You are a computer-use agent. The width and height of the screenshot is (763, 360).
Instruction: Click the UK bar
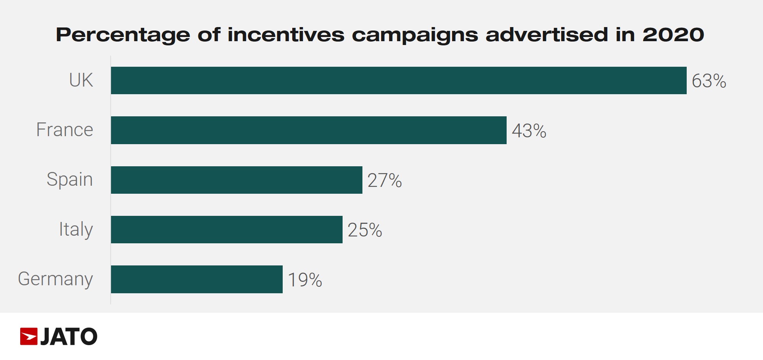tap(399, 80)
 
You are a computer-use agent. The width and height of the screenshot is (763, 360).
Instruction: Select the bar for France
tap(309, 130)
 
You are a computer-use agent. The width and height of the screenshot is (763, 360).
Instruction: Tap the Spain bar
tap(237, 180)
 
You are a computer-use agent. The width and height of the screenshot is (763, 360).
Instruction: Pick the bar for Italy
tap(227, 230)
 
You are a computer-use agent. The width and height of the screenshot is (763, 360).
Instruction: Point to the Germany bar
tap(197, 279)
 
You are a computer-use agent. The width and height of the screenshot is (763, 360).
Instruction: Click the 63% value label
tap(709, 81)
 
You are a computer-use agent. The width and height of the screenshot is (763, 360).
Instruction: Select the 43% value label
tap(529, 131)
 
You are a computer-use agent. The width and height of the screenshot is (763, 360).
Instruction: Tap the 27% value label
tap(385, 180)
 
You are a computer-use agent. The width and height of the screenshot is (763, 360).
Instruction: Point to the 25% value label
tap(365, 230)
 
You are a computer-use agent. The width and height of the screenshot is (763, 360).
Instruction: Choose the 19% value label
tap(305, 280)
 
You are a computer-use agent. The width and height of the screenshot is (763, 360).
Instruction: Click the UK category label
tap(81, 80)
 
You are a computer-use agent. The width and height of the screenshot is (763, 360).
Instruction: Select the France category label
tap(64, 130)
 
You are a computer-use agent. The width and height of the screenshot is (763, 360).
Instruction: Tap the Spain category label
tap(69, 180)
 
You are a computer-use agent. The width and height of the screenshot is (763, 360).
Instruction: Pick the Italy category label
tap(76, 230)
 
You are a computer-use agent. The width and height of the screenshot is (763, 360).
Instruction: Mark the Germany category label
tap(55, 279)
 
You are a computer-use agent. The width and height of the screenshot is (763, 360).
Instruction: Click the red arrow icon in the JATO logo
tap(29, 336)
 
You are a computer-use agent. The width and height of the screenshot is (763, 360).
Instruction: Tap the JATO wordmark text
tap(69, 337)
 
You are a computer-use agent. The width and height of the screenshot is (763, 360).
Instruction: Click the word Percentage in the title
tap(123, 35)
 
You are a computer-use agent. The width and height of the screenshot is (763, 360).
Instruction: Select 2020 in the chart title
tap(673, 35)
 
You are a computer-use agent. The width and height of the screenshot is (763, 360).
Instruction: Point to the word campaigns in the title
tap(415, 35)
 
